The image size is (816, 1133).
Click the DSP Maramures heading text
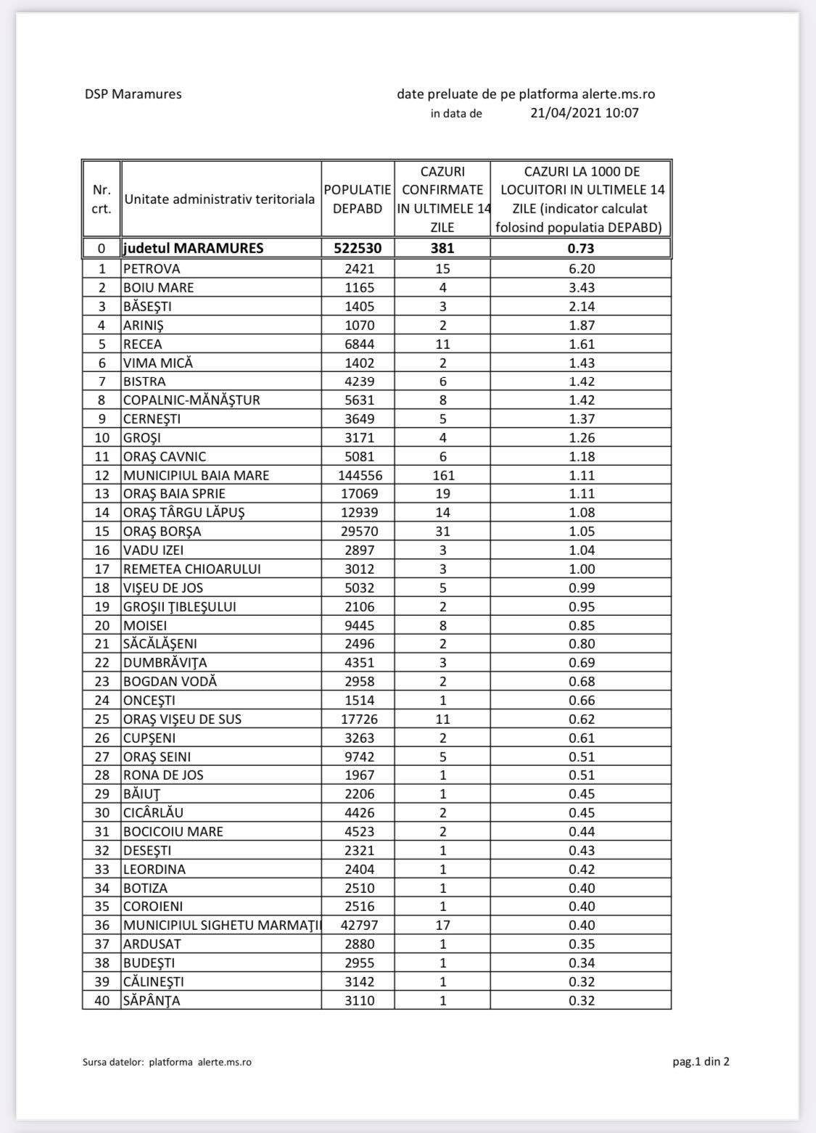[x=133, y=94]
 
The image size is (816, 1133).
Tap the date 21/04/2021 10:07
[x=585, y=112]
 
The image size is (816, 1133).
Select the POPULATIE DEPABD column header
[x=358, y=199]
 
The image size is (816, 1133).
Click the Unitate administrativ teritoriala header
[x=219, y=199]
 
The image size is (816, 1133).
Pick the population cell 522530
[x=358, y=248]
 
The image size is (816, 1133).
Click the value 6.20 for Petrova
[x=581, y=268]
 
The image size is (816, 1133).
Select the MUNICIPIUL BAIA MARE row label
[x=196, y=475]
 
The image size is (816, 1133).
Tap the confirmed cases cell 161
[x=442, y=475]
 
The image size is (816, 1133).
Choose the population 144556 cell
[x=358, y=475]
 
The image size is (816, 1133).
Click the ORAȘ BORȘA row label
[x=162, y=531]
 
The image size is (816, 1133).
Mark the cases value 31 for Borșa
[x=442, y=531]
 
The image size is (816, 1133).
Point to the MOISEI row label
[x=144, y=625]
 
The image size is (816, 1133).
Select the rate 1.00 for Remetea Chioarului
[x=581, y=569]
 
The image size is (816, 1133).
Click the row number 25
[x=102, y=719]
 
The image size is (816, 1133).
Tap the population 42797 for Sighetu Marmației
[x=358, y=925]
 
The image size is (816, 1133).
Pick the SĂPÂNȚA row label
[x=152, y=1000]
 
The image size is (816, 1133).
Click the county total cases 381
[x=442, y=248]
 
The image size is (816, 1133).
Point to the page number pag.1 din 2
[x=701, y=1062]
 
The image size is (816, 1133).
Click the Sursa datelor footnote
[x=168, y=1062]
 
